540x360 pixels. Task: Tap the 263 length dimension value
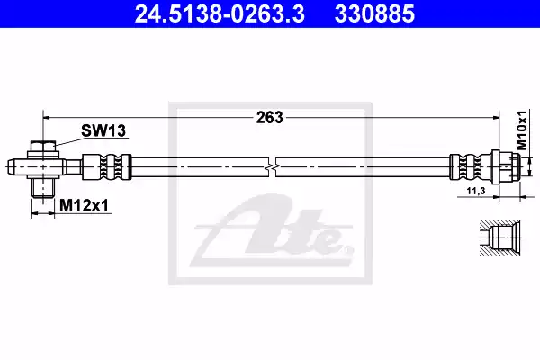pyautogui.click(x=269, y=117)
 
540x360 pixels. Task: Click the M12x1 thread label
pyautogui.click(x=84, y=206)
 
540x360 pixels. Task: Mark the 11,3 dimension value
pyautogui.click(x=476, y=193)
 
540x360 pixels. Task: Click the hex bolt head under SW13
pyautogui.click(x=42, y=147)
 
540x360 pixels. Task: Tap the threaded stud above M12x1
pyautogui.click(x=42, y=187)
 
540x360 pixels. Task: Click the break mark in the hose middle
pyautogui.click(x=273, y=166)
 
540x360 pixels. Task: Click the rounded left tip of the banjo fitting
pyautogui.click(x=12, y=166)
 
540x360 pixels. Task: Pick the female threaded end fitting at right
pyautogui.click(x=506, y=166)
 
